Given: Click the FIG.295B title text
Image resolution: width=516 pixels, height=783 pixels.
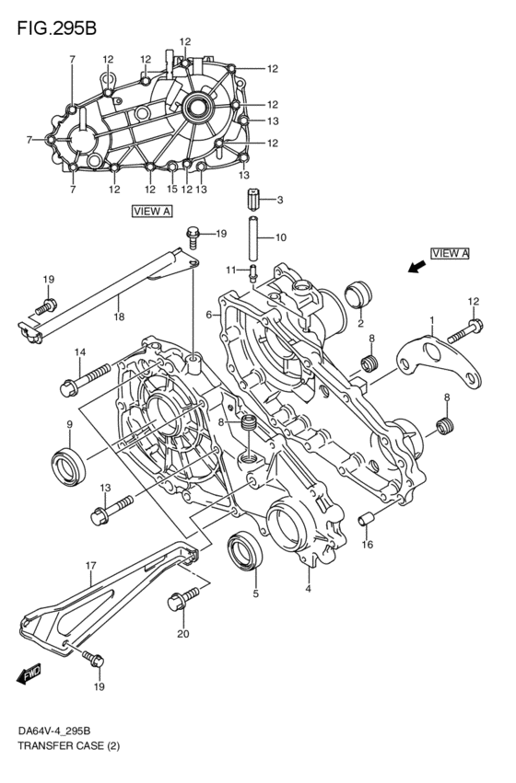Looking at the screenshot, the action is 56,29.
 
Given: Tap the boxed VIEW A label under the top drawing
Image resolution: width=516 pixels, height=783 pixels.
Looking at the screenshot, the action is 152,212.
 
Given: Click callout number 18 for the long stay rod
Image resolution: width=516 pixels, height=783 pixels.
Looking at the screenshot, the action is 119,317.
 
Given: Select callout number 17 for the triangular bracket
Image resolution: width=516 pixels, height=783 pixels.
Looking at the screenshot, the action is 90,566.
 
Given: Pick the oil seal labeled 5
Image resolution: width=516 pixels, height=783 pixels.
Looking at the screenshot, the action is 244,551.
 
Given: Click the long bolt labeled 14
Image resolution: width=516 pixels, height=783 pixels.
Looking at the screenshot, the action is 85,380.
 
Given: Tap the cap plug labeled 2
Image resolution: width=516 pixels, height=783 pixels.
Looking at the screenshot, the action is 358,296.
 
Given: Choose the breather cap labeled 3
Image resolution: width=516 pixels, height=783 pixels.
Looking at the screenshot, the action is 254,200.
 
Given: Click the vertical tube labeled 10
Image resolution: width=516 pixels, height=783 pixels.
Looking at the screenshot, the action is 254,238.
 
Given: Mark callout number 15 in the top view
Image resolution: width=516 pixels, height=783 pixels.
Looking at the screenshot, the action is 172,190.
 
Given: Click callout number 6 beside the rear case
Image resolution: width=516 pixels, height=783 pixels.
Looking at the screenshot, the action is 209,315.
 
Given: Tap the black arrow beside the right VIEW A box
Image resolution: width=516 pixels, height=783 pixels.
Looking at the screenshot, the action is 417,268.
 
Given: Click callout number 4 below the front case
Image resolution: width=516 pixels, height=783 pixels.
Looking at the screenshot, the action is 308,589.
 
